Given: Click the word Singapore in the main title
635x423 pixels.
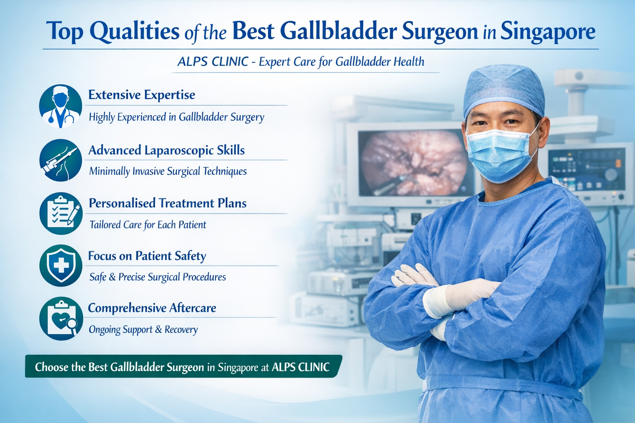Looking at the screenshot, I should coord(548,32).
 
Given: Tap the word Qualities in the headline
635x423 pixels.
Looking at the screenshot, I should coord(134,32).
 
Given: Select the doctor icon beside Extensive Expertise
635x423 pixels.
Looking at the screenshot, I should coord(61,106).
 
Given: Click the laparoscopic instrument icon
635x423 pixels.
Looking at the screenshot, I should coord(61,160).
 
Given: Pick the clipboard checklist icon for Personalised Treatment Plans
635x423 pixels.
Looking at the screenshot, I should coord(61,214).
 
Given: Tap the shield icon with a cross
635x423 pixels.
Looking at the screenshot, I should coord(61,266).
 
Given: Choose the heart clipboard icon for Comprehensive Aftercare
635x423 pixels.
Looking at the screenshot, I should coord(61,318).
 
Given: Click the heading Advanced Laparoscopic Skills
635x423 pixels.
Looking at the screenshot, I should coord(167,150).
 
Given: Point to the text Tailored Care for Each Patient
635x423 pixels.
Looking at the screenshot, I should coord(148,225).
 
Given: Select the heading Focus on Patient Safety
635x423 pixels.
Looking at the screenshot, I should coord(147,256).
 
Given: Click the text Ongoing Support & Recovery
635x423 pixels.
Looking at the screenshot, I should coord(143,330).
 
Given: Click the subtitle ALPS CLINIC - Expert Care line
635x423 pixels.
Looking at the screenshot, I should coord(301,62).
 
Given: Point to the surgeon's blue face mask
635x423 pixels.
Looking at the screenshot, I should coord(500,155).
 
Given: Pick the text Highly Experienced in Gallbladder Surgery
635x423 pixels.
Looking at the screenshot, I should coord(177,117).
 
